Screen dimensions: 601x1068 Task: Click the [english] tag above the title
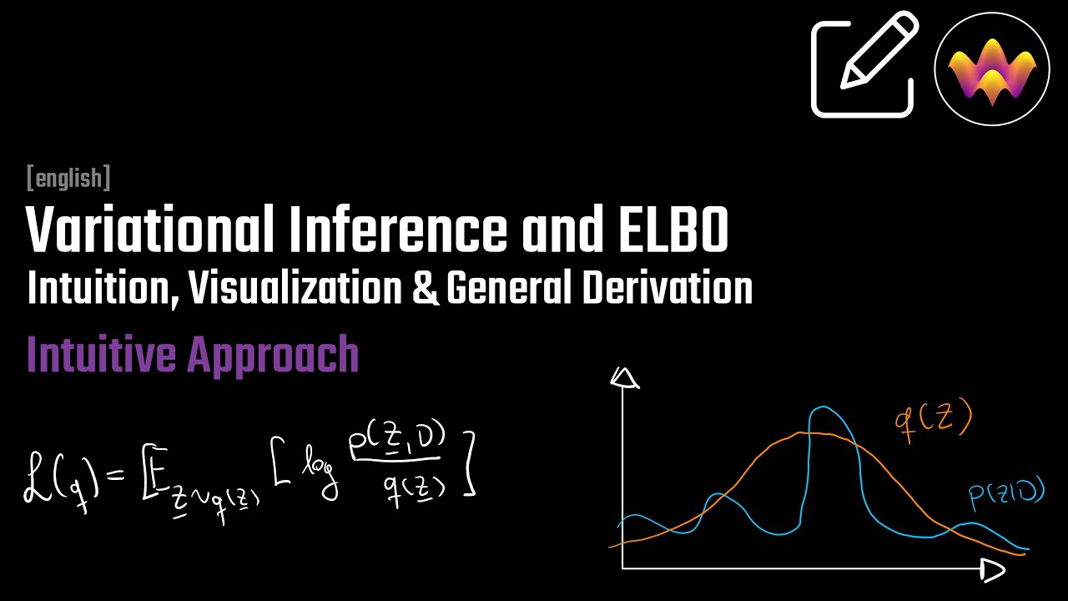coord(68,178)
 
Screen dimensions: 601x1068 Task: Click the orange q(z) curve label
coord(933,422)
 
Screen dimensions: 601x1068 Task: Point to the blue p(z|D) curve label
coord(1006,494)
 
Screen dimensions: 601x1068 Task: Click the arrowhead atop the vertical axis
coord(624,377)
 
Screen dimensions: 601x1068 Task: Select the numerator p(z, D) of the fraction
coord(396,441)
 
